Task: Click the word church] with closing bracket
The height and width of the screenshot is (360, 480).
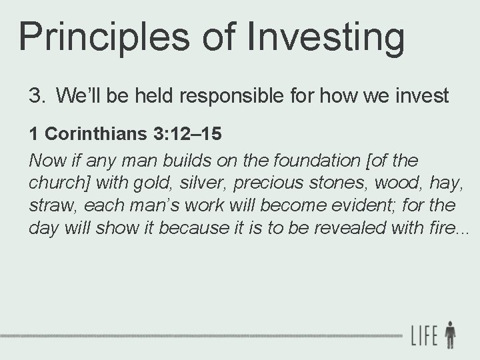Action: (57, 183)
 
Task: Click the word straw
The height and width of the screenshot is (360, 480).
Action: (49, 205)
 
